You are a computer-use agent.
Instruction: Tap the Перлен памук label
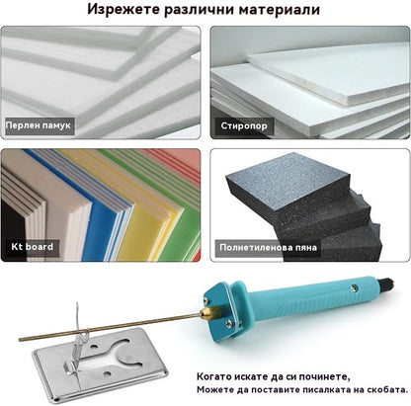pyautogui.click(x=39, y=127)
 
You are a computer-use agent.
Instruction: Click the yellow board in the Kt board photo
pyautogui.click(x=158, y=203)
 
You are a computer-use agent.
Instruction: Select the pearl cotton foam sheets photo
pyautogui.click(x=99, y=74)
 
